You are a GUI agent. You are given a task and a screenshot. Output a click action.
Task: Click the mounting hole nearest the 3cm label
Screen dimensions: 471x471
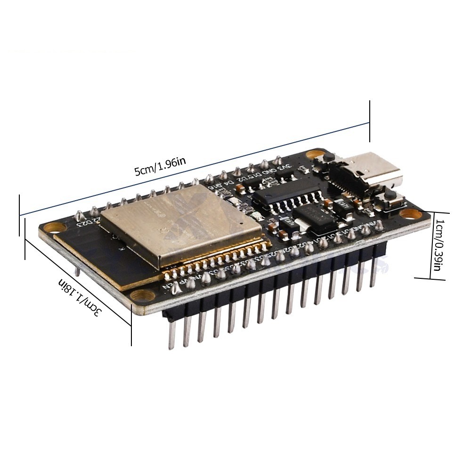(x=140, y=296)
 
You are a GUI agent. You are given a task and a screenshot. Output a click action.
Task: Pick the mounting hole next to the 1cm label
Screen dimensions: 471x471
(x=411, y=213)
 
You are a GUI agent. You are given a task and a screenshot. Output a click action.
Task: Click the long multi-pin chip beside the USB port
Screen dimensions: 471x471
(x=288, y=198)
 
